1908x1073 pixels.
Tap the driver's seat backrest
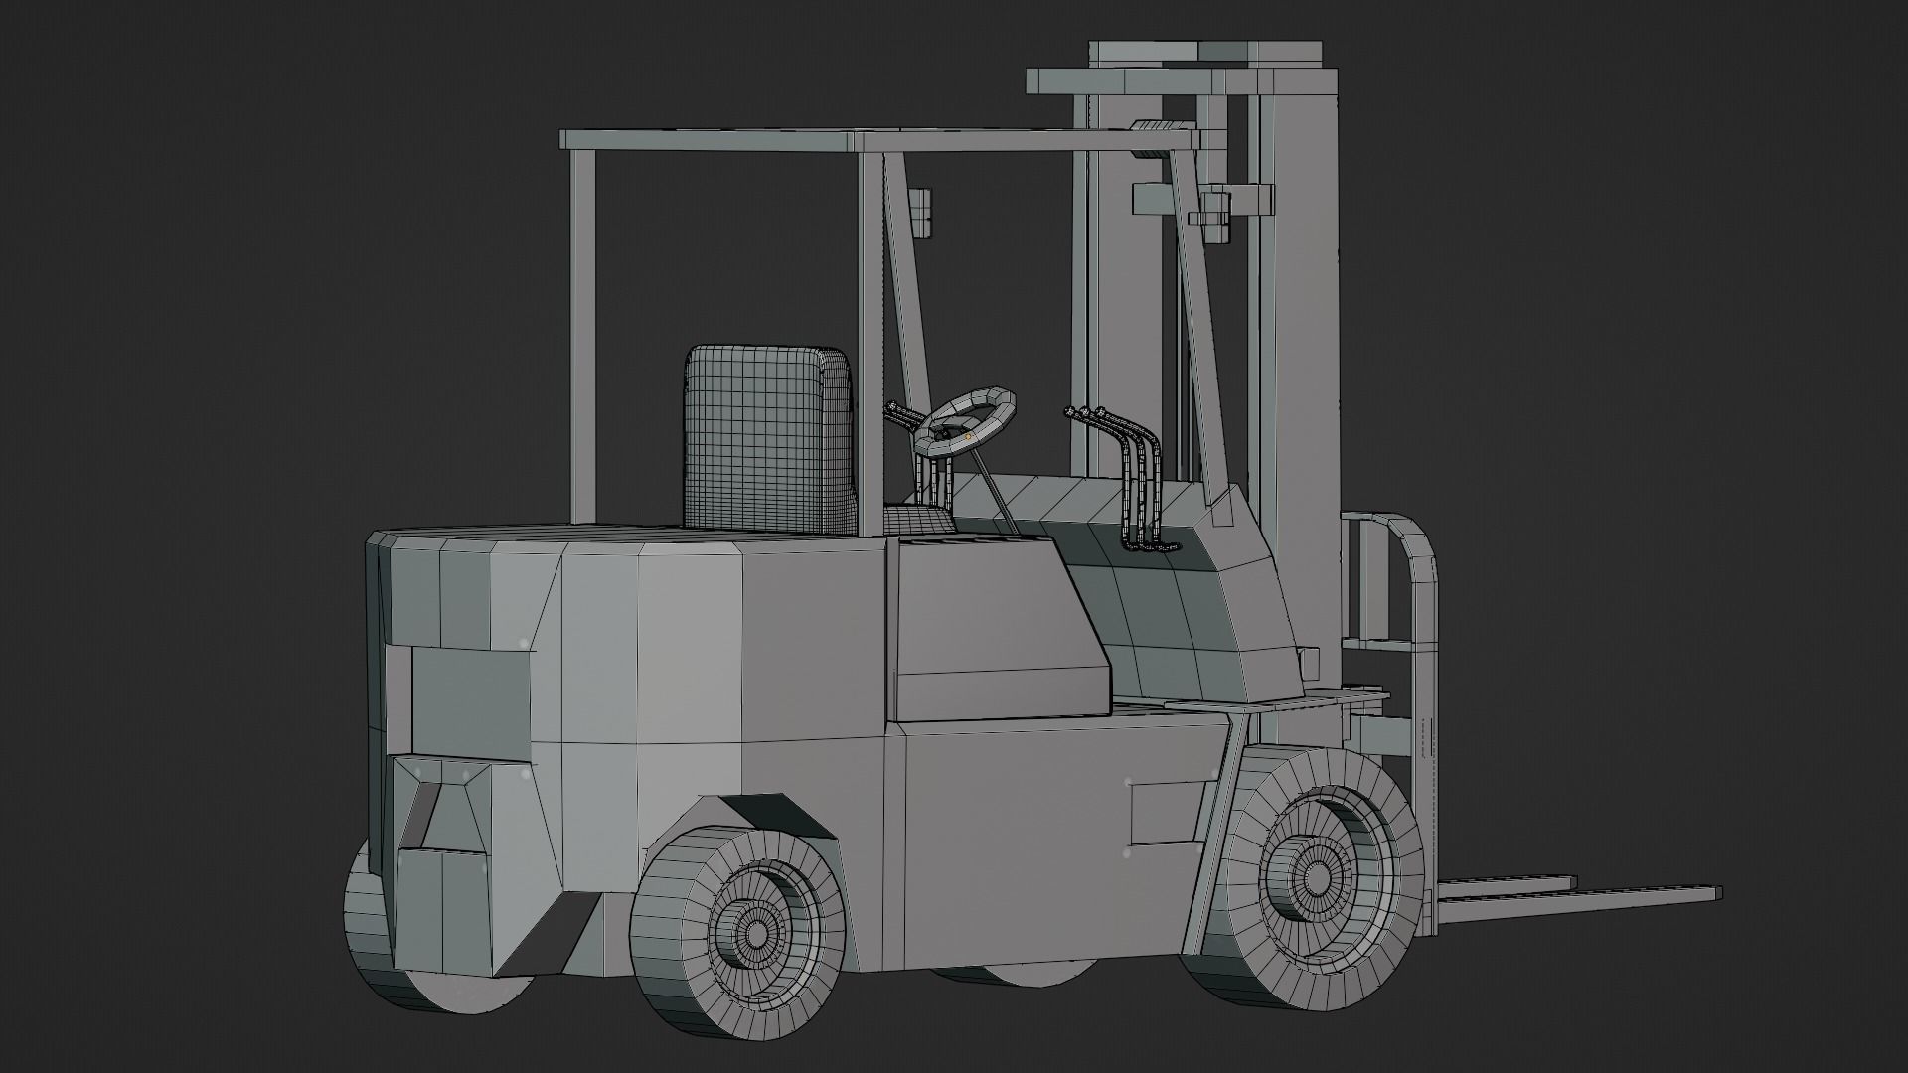click(767, 437)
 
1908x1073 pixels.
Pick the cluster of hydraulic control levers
click(1133, 477)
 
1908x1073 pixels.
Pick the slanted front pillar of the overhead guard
click(1197, 328)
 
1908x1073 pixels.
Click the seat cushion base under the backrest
click(916, 519)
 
